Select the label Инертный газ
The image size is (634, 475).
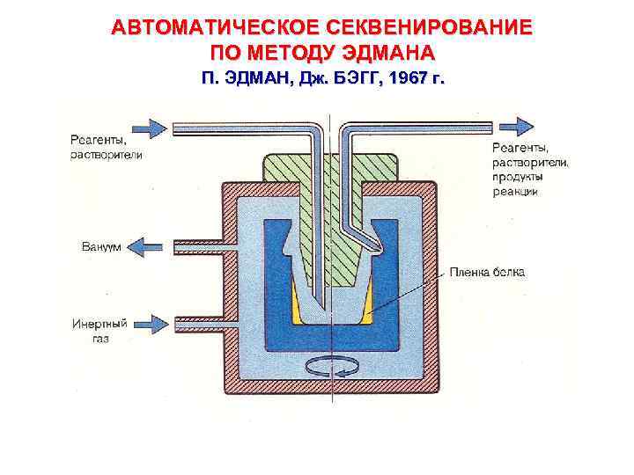pyautogui.click(x=100, y=331)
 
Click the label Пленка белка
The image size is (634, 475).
pyautogui.click(x=487, y=273)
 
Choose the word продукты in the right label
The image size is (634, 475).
pyautogui.click(x=518, y=177)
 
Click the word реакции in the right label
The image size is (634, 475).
pyautogui.click(x=516, y=191)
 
